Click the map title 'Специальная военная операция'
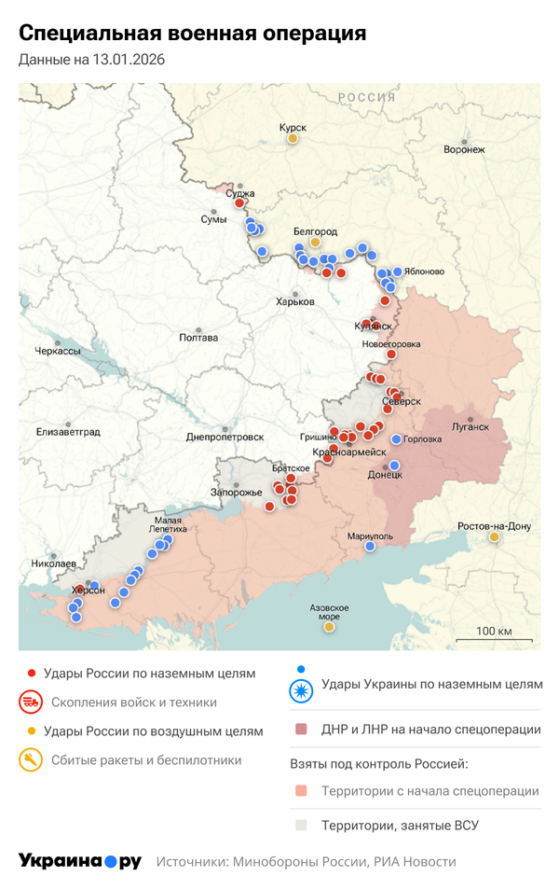[x=192, y=34]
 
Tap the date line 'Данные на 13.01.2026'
[x=91, y=60]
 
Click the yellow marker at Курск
[x=293, y=138]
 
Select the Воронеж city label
[x=464, y=149]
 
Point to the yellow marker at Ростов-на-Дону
[x=494, y=536]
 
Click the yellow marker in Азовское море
[x=329, y=627]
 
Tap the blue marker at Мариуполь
[x=370, y=547]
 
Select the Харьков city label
[x=295, y=301]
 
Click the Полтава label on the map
[x=198, y=338]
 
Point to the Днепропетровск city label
[x=225, y=436]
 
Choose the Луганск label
[x=470, y=426]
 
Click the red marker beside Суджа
[x=239, y=202]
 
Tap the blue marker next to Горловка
[x=396, y=439]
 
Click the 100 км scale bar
[x=494, y=642]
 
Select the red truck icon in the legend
[x=32, y=702]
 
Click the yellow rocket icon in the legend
[x=32, y=760]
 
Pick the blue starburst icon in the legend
[x=300, y=690]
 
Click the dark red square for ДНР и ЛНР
[x=300, y=729]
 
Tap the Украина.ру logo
[x=80, y=861]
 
